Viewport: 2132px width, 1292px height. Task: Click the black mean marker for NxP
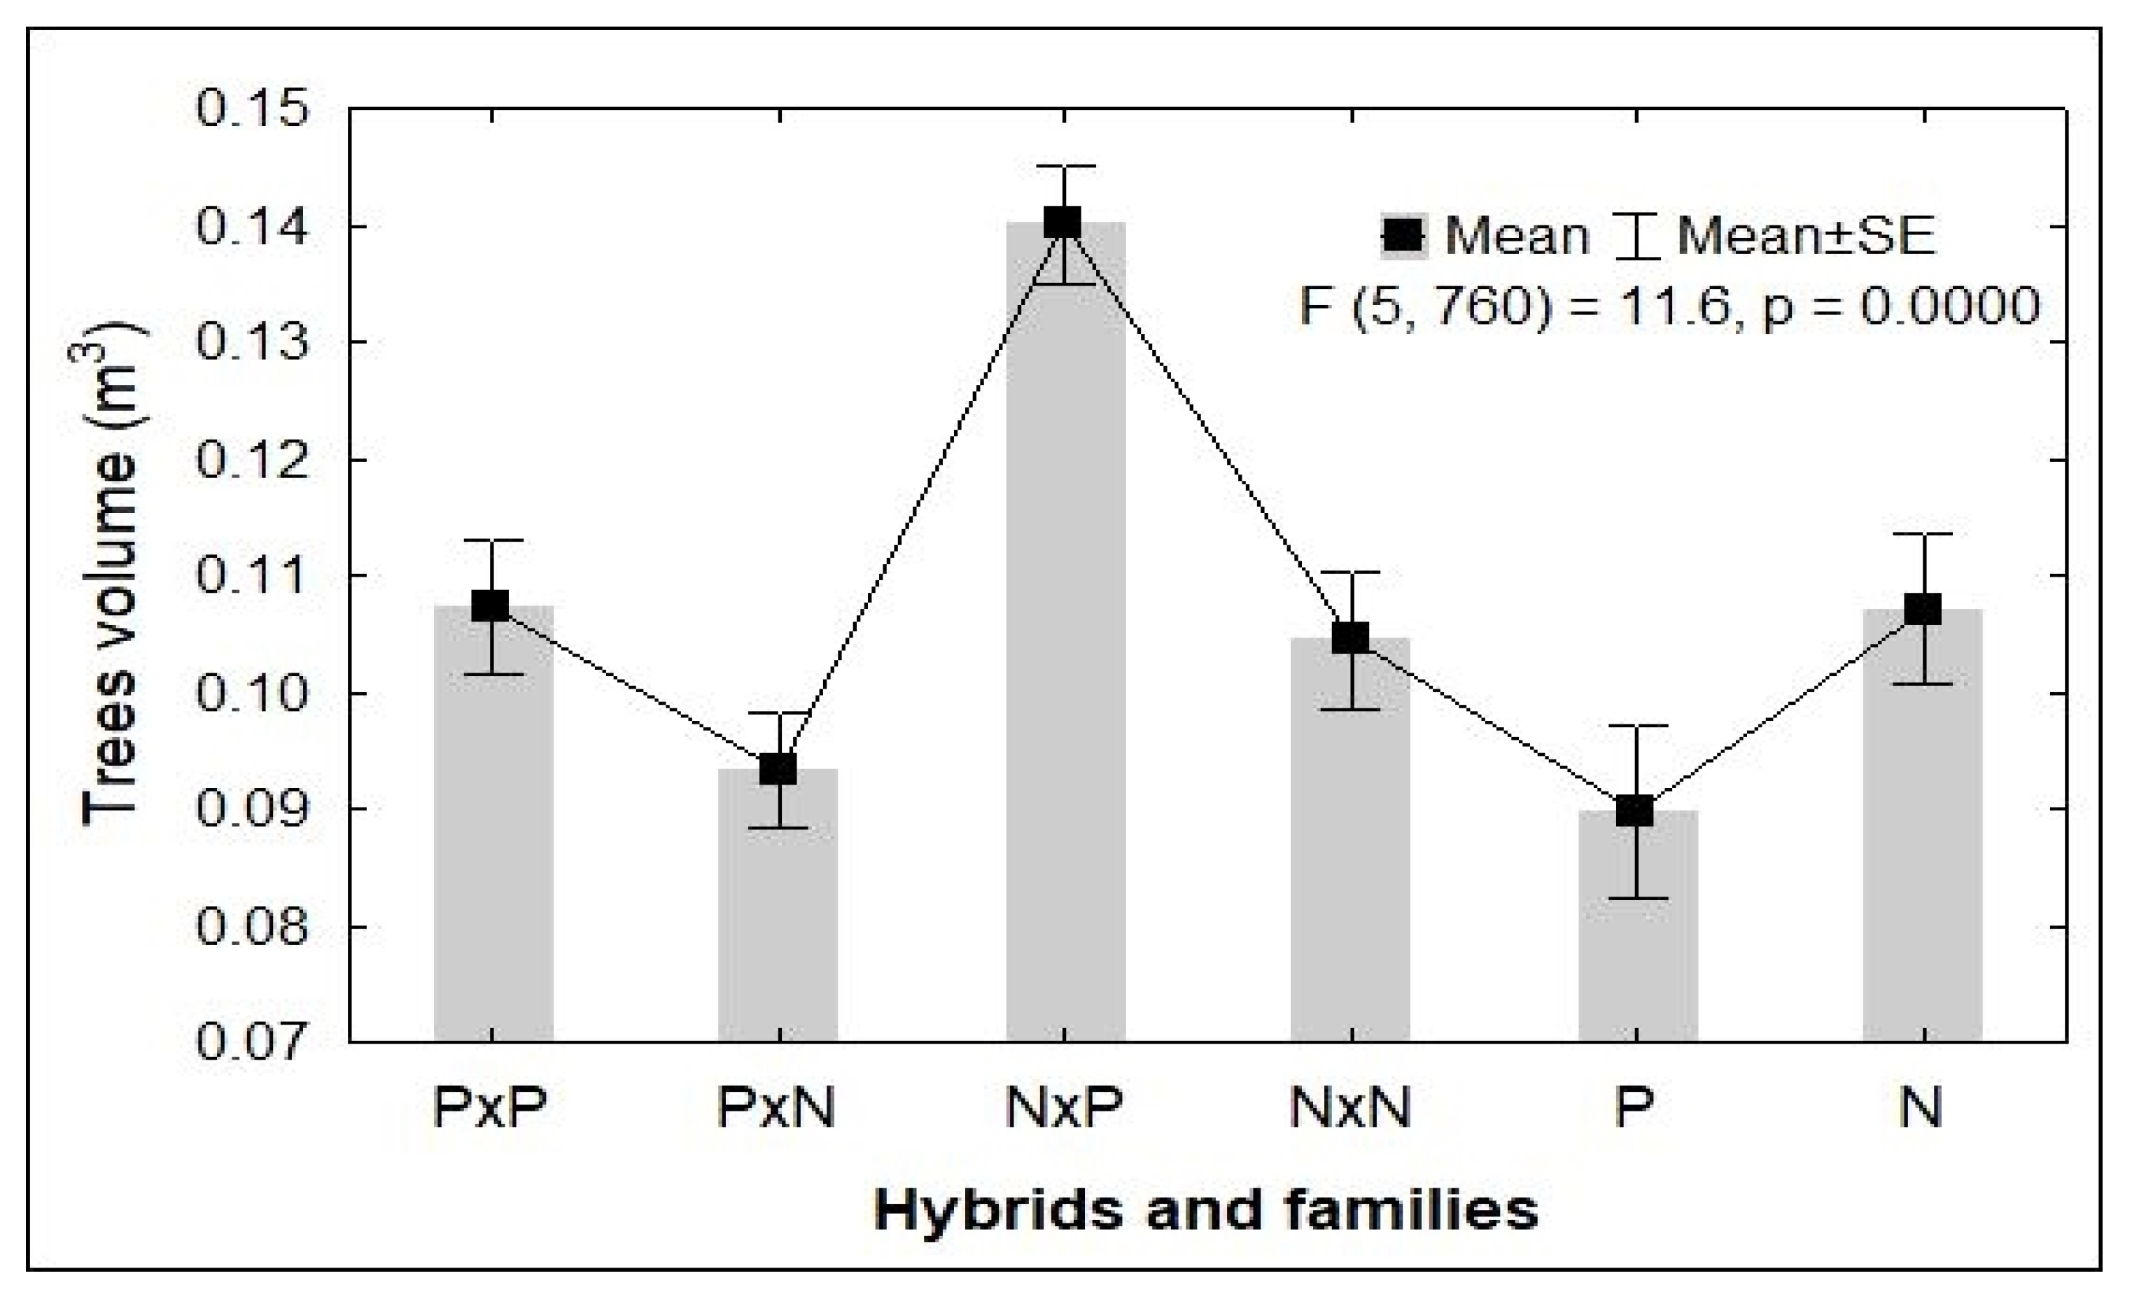[1063, 223]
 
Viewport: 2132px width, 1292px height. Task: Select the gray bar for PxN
[778, 905]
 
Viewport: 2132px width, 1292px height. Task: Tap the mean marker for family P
[1635, 811]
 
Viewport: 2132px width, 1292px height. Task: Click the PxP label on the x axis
[491, 1106]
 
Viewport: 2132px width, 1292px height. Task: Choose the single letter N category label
[1921, 1106]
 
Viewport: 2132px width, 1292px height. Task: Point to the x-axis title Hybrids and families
[1206, 1210]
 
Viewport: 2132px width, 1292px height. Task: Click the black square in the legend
[1403, 234]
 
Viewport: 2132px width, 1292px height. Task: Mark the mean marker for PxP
[491, 606]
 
